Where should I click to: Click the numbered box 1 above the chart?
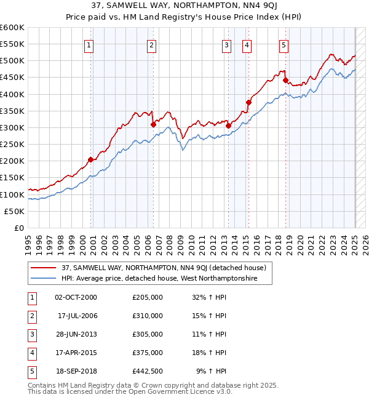coord(90,44)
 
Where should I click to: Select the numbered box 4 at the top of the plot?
coord(246,44)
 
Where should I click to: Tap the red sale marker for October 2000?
coord(90,159)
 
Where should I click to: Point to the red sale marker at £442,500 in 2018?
coord(285,80)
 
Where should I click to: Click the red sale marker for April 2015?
coord(248,102)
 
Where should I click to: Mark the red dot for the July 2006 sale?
coord(153,124)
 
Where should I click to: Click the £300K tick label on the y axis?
coord(12,127)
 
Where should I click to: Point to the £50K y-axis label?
coord(14,211)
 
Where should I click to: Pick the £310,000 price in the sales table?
coord(148,316)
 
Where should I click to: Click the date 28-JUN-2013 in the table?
coord(76,334)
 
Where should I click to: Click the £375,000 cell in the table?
coord(148,353)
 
